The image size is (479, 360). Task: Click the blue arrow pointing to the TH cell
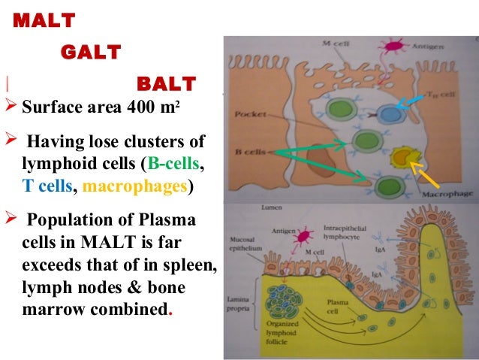tap(411, 103)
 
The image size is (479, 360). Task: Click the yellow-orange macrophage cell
tap(403, 159)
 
